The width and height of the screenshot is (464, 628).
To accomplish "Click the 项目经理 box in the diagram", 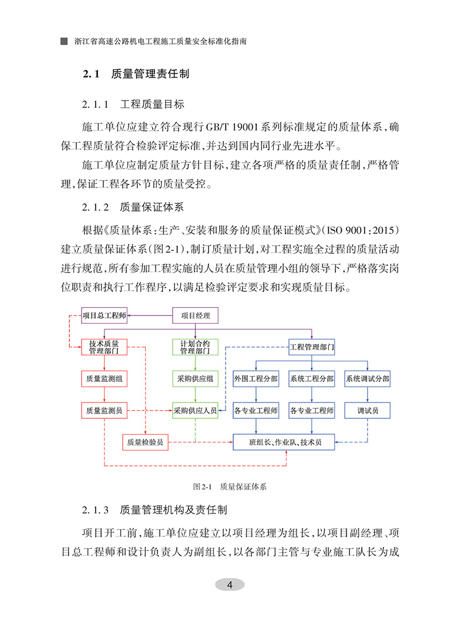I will pyautogui.click(x=195, y=316).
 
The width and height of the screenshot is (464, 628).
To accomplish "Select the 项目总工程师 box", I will pyautogui.click(x=104, y=316).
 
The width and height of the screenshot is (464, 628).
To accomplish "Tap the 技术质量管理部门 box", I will pyautogui.click(x=104, y=347).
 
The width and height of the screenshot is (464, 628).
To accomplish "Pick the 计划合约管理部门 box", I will pyautogui.click(x=195, y=347).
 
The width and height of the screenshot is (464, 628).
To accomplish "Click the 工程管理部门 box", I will pyautogui.click(x=312, y=347).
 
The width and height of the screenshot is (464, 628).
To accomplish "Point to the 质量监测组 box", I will pyautogui.click(x=104, y=379).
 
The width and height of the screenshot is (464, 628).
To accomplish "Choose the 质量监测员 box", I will pyautogui.click(x=104, y=411).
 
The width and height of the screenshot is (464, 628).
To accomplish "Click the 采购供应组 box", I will pyautogui.click(x=195, y=379).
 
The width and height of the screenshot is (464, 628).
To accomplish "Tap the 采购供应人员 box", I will pyautogui.click(x=195, y=411).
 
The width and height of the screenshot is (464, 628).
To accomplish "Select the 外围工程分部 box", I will pyautogui.click(x=255, y=379).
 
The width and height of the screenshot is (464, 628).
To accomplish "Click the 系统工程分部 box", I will pyautogui.click(x=312, y=379).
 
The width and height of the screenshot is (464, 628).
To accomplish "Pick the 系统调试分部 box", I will pyautogui.click(x=367, y=379).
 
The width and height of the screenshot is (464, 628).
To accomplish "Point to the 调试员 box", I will pyautogui.click(x=367, y=411).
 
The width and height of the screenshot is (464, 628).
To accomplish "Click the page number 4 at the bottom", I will pyautogui.click(x=230, y=585).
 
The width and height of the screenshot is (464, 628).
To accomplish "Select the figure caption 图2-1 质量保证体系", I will pyautogui.click(x=230, y=487).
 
